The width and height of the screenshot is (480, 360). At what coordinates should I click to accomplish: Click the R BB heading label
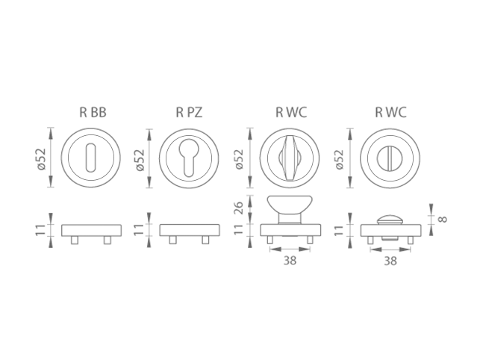(93, 113)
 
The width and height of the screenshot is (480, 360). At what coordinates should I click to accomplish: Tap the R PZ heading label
(189, 113)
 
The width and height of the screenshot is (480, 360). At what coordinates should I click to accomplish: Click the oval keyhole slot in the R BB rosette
(90, 158)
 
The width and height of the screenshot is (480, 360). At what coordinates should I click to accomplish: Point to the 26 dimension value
(239, 207)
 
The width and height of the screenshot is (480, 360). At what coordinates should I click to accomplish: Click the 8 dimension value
(443, 220)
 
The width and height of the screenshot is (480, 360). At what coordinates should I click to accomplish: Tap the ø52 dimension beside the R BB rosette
(41, 158)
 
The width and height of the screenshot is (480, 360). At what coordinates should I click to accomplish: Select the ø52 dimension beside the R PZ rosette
(140, 159)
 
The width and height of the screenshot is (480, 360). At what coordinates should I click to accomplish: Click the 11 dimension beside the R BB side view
(40, 230)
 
